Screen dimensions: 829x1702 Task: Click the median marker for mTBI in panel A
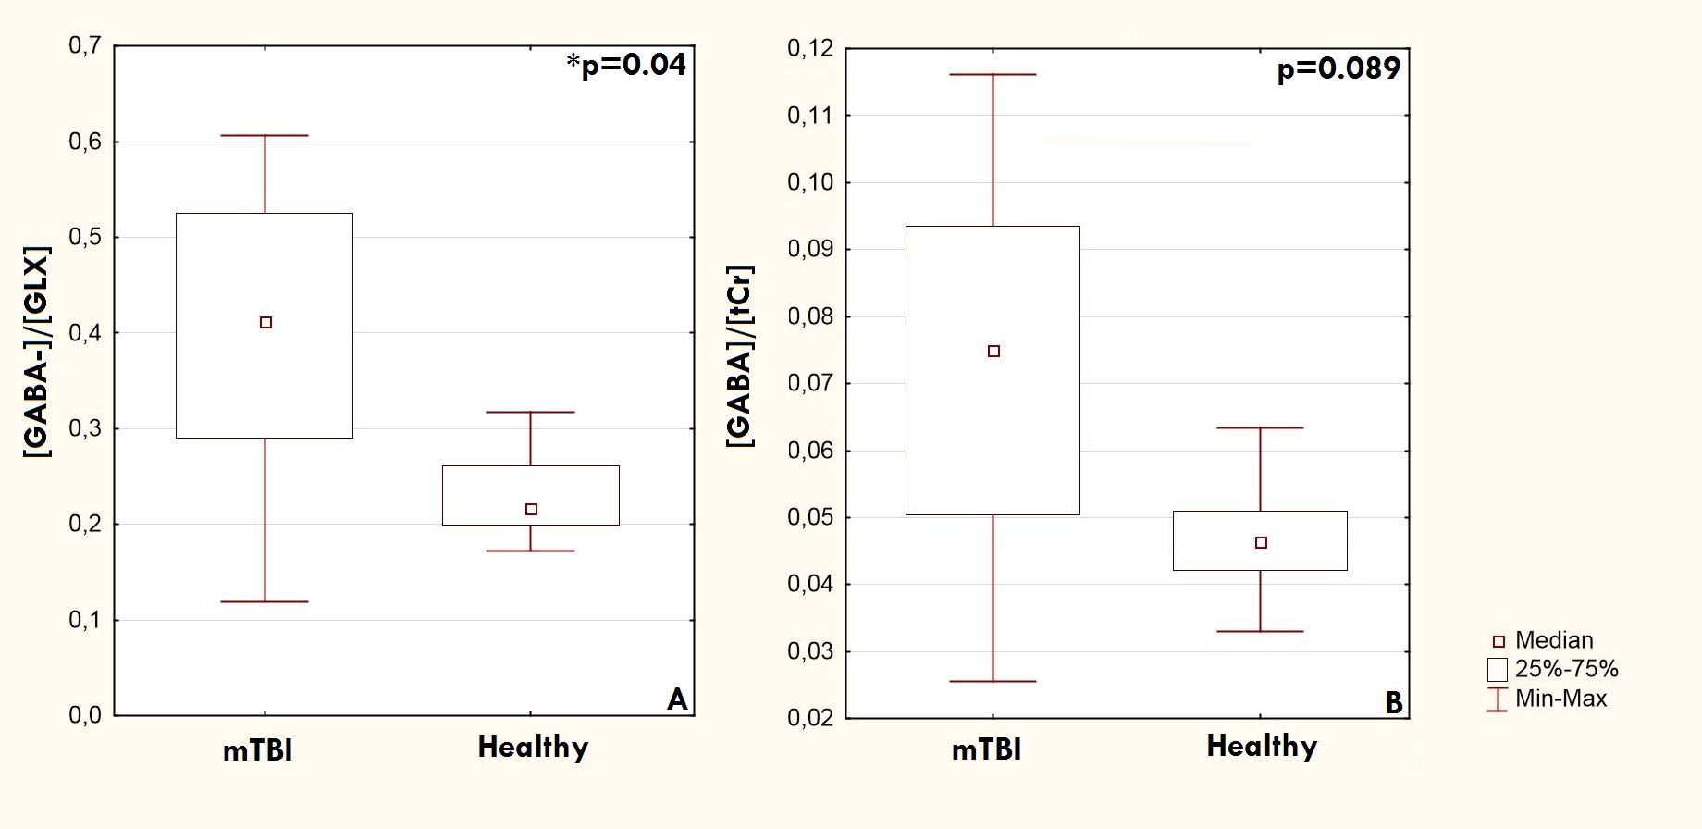click(x=265, y=323)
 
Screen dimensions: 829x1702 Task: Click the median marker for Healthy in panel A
click(x=531, y=510)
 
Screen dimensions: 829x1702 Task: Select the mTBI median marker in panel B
click(x=993, y=352)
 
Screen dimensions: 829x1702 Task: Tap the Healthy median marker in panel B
click(x=1261, y=543)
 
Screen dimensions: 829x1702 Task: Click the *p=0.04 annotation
click(x=626, y=65)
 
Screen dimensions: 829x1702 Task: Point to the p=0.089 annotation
click(x=1338, y=68)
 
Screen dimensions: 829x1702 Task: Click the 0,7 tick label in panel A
click(x=84, y=45)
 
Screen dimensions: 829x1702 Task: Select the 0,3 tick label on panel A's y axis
click(x=84, y=428)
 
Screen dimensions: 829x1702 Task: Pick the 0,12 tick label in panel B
click(x=809, y=48)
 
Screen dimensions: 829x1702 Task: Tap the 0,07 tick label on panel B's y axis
click(x=809, y=383)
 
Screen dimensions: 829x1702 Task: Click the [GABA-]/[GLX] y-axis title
click(x=37, y=352)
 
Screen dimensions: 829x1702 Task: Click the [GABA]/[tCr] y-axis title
click(x=740, y=356)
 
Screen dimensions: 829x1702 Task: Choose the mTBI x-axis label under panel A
click(x=258, y=749)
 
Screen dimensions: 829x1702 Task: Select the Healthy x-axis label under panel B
click(x=1262, y=747)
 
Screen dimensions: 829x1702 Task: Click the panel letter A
click(x=677, y=699)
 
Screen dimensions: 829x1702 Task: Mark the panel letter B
click(x=1394, y=703)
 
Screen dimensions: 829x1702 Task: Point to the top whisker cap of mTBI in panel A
click(x=265, y=136)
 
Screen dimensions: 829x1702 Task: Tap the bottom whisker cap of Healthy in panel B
click(x=1261, y=632)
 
